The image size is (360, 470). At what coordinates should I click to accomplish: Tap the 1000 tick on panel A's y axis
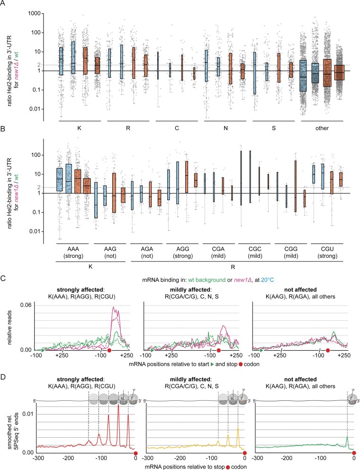pyautogui.click(x=34, y=13)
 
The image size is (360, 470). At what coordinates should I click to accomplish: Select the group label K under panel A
pyautogui.click(x=80, y=128)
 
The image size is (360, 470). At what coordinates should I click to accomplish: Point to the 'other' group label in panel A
pyautogui.click(x=322, y=128)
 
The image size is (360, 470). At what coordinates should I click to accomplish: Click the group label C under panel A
pyautogui.click(x=177, y=128)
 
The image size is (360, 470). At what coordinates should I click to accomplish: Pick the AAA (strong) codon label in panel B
pyautogui.click(x=73, y=253)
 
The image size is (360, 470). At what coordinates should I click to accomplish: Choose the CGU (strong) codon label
pyautogui.click(x=327, y=253)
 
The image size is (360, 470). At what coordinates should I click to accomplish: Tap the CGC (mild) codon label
pyautogui.click(x=255, y=253)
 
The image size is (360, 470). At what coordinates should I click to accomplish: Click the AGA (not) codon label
pyautogui.click(x=147, y=253)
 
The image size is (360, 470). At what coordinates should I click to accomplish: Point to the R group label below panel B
pyautogui.click(x=233, y=267)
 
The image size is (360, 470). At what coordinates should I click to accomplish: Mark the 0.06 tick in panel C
pyautogui.click(x=26, y=305)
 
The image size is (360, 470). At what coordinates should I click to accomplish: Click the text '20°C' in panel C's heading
pyautogui.click(x=267, y=280)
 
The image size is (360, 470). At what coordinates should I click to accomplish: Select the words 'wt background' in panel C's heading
pyautogui.click(x=207, y=280)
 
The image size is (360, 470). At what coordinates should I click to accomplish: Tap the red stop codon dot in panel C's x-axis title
pyautogui.click(x=241, y=364)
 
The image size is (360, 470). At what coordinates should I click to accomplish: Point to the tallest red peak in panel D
pyautogui.click(x=118, y=405)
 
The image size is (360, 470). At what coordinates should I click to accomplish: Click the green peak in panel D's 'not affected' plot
pyautogui.click(x=347, y=437)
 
